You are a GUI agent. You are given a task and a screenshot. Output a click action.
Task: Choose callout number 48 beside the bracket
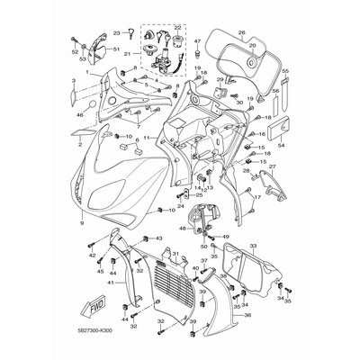pos(183,229)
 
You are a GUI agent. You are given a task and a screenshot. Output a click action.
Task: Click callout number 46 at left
pos(80,116)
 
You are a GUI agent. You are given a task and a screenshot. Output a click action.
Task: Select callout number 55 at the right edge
pos(285,69)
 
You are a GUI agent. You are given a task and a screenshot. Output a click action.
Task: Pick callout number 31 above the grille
pos(175,255)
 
